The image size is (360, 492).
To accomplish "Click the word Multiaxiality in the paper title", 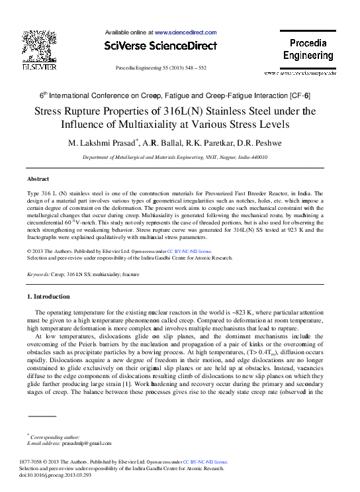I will [x=182, y=124].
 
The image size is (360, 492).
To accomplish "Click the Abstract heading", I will [x=38, y=179].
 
